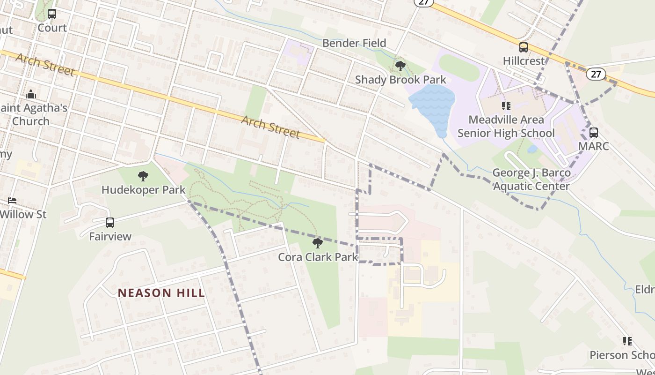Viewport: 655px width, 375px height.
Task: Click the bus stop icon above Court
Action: click(52, 14)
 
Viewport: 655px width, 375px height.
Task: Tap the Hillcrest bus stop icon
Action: click(524, 47)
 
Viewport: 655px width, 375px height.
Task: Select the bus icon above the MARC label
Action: click(593, 132)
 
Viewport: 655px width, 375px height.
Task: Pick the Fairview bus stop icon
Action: click(110, 222)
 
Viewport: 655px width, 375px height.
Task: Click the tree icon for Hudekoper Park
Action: click(143, 176)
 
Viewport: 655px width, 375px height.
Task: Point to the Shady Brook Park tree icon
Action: click(400, 66)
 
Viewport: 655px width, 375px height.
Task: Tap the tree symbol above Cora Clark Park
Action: click(318, 243)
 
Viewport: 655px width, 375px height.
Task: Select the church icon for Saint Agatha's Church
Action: click(31, 94)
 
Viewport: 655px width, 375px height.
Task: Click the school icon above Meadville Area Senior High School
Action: click(506, 106)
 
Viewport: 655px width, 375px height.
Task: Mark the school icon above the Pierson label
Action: click(627, 341)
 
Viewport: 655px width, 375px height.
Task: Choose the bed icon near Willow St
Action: click(12, 201)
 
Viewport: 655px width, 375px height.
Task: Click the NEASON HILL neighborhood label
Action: click(161, 293)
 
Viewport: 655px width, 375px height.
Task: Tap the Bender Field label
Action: click(354, 43)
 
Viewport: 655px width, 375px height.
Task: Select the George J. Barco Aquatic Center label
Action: click(531, 180)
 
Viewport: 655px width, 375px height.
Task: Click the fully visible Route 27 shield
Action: click(596, 74)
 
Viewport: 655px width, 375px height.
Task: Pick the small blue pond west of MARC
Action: click(532, 149)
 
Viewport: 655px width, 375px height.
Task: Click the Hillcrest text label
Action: click(524, 61)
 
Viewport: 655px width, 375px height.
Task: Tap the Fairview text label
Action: click(110, 236)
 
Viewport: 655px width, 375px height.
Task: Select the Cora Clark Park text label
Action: click(318, 257)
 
